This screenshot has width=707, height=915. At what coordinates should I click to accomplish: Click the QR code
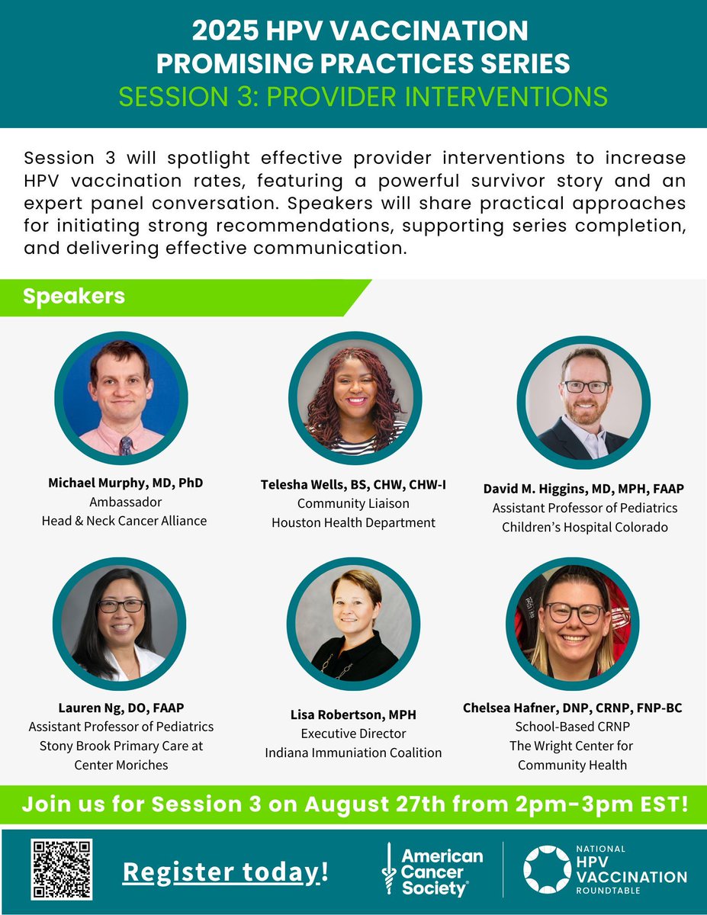(62, 869)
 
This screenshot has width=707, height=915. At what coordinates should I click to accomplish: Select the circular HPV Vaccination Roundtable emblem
(547, 869)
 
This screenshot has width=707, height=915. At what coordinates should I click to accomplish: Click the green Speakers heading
(74, 297)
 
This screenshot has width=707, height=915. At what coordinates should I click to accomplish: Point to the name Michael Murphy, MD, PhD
(126, 483)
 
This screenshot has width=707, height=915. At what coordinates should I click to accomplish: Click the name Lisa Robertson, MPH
(353, 714)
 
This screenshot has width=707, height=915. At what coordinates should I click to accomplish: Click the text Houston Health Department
(353, 522)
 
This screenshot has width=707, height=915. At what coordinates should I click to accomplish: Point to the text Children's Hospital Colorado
(584, 527)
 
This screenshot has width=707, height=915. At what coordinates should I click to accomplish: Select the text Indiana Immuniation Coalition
(353, 753)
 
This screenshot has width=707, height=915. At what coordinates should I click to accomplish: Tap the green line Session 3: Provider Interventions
(353, 97)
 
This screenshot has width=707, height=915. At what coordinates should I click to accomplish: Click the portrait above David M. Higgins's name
(583, 402)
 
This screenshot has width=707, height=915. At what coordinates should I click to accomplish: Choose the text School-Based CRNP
(572, 727)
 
